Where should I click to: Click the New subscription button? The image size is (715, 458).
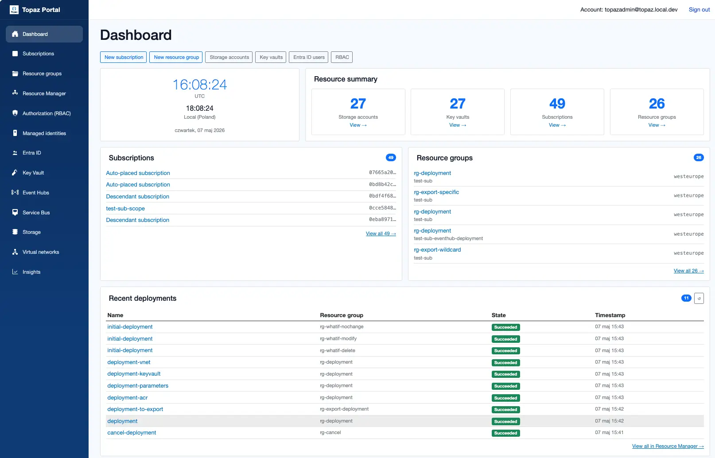coord(123,57)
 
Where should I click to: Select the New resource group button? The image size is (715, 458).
coord(176,57)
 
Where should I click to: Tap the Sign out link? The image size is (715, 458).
coord(699,10)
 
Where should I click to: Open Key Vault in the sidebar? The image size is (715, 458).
coord(33,173)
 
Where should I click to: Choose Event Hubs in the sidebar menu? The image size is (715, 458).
coord(35,192)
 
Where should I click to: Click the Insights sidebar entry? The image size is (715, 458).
coord(31,272)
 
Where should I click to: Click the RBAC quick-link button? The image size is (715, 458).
coord(342,57)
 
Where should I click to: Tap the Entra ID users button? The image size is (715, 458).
coord(309,57)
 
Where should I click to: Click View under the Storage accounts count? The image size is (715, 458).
coord(358,125)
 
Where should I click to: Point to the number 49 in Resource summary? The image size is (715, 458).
coord(557,103)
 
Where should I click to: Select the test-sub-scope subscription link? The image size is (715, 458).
coord(125,209)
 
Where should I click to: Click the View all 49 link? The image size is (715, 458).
coord(381,233)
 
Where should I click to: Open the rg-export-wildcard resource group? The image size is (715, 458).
coord(437,249)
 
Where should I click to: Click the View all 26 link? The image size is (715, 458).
coord(688,271)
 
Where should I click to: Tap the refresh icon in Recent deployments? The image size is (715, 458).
coord(699,299)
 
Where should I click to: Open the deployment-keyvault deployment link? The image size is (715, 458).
coord(134,374)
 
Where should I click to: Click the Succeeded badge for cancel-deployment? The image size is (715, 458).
coord(505,433)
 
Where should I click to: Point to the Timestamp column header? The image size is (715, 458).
coord(610,315)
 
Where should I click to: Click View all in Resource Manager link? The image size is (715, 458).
coord(668,446)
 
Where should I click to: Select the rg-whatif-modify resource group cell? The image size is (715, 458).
coord(338,338)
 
